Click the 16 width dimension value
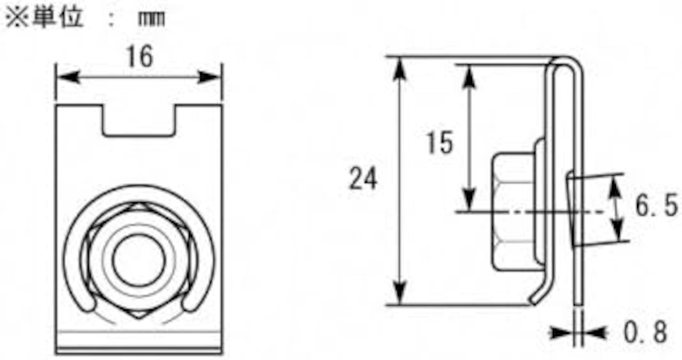tap(140, 56)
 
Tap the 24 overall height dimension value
tap(363, 179)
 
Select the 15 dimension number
tap(440, 142)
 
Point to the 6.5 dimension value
tap(656, 207)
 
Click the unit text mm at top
tap(151, 20)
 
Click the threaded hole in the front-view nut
tap(139, 260)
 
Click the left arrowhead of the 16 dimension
tap(67, 77)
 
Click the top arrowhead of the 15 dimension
tap(469, 75)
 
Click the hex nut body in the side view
tap(512, 211)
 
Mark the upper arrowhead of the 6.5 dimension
tap(616, 186)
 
